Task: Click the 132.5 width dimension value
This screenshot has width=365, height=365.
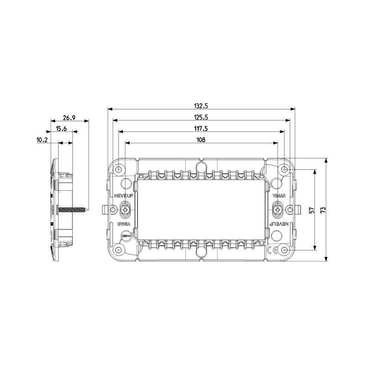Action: coord(201,106)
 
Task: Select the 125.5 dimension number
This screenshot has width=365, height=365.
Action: coord(201,117)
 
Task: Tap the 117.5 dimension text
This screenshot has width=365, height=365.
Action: coord(201,129)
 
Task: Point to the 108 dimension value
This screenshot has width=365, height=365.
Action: coord(201,140)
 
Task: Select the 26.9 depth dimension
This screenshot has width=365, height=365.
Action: coord(69,118)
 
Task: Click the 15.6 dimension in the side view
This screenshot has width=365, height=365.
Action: coord(62,129)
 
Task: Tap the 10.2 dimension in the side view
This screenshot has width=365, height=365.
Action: coord(42,140)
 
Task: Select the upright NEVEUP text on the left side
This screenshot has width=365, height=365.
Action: coord(123,196)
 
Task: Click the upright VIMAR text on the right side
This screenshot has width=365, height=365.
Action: coord(279,196)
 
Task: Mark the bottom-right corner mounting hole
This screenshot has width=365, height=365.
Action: coord(284,250)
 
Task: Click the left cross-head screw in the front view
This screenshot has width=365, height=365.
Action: coord(125,210)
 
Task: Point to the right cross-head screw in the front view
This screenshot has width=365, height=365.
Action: coord(277,210)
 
